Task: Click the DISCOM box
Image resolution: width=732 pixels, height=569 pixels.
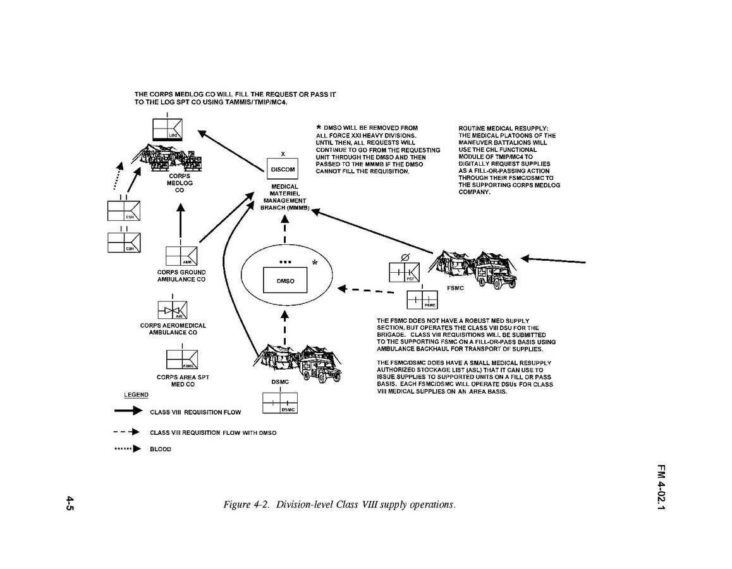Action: [282, 170]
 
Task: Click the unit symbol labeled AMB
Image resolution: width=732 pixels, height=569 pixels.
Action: [181, 256]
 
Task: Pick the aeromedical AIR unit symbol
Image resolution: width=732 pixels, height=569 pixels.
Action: [173, 310]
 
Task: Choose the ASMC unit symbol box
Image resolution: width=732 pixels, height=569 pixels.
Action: [181, 360]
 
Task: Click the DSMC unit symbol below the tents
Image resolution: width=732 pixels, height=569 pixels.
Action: [279, 403]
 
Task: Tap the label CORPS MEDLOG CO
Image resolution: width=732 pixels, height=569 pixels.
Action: [179, 182]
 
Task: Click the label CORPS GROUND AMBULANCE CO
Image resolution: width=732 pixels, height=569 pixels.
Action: [181, 275]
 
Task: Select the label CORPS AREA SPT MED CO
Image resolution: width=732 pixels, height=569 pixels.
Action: [182, 380]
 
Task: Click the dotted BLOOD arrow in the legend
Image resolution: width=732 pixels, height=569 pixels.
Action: [126, 449]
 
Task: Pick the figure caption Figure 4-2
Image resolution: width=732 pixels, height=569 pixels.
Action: [339, 504]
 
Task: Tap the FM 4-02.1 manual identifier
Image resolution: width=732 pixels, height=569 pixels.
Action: [661, 489]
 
